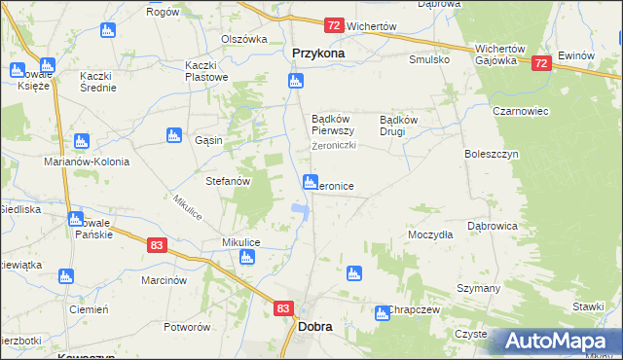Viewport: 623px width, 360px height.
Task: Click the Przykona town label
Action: [318, 54]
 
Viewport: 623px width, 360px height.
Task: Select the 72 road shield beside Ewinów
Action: [542, 63]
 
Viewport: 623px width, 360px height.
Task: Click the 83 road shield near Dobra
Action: [283, 308]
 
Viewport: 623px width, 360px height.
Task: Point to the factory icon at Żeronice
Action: [311, 181]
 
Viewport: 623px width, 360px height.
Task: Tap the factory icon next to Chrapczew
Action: [382, 312]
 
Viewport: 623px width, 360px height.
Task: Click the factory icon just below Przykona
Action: [295, 81]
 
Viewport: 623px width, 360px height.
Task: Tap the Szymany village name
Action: [478, 289]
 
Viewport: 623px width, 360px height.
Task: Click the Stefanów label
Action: [229, 181]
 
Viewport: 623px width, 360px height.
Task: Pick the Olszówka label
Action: [243, 40]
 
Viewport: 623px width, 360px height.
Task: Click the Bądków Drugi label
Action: [398, 125]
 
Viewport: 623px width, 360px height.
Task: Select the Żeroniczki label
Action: [334, 146]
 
